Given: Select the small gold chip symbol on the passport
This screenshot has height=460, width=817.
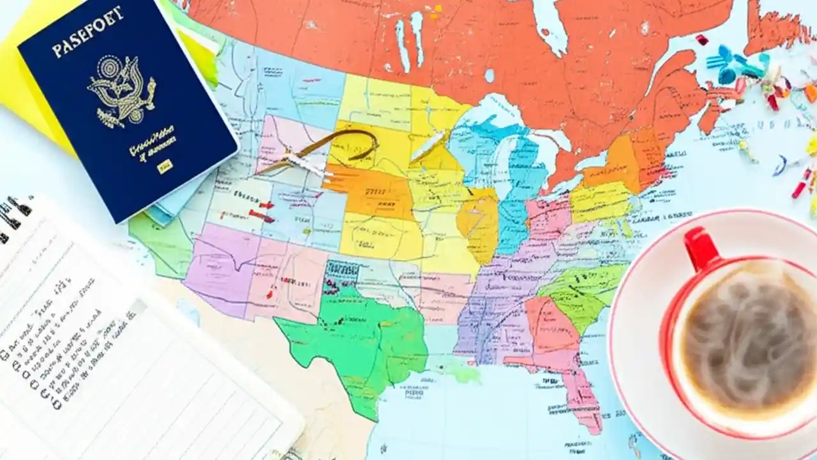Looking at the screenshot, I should (165, 167).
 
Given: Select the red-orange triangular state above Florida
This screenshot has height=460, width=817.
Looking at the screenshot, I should (549, 326).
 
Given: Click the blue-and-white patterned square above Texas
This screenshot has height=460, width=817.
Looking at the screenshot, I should (342, 272).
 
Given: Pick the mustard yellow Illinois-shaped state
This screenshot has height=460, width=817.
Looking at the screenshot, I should (479, 224).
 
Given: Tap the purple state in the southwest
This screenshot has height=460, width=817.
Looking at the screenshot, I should (217, 268).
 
